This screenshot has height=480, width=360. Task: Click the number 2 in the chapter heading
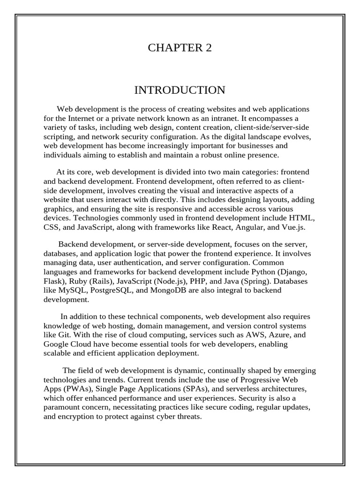click(x=209, y=48)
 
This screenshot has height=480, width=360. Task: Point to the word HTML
click(x=304, y=219)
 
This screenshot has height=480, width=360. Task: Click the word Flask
click(x=54, y=281)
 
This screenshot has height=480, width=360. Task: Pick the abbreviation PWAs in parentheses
click(x=75, y=389)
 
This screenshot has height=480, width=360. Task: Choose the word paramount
click(x=61, y=407)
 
